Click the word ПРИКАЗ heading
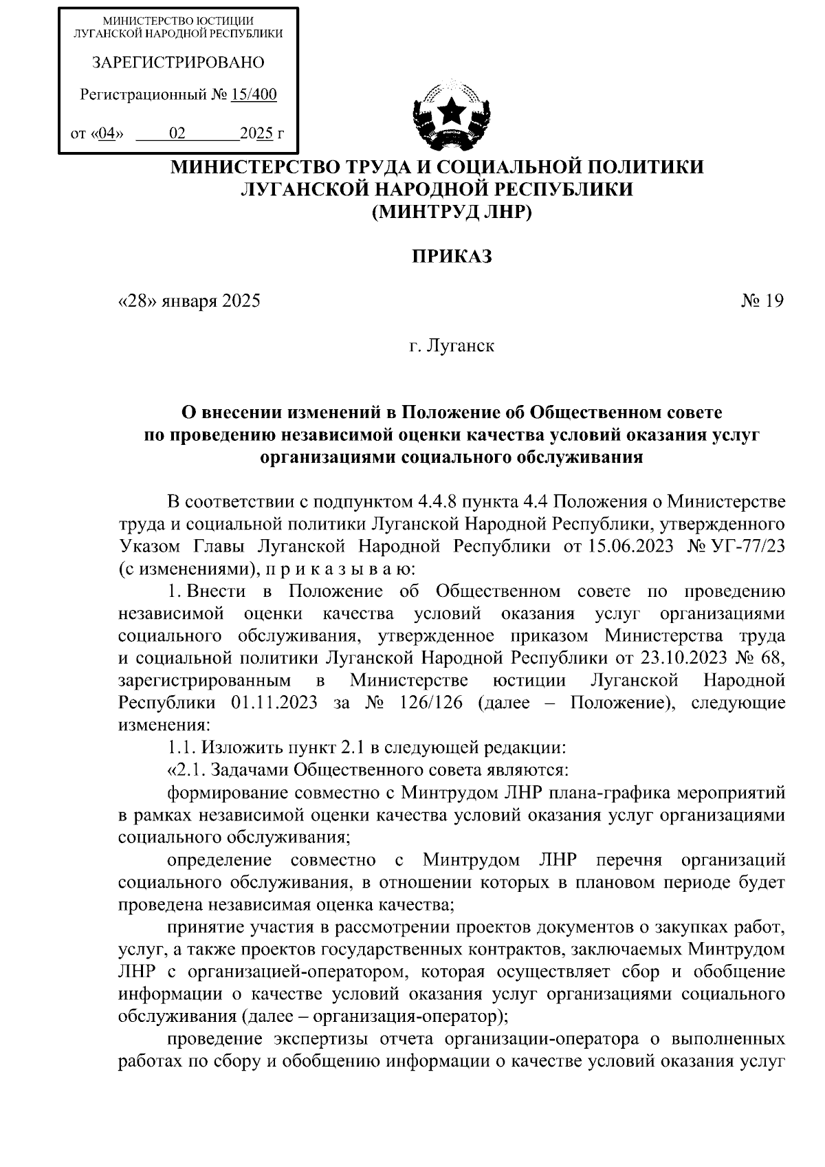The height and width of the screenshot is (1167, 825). click(452, 257)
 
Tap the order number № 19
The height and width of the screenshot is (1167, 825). click(762, 301)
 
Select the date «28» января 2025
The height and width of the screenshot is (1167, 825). click(190, 301)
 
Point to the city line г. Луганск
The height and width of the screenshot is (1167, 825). click(452, 345)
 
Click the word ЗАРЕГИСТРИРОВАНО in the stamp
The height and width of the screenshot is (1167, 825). click(178, 63)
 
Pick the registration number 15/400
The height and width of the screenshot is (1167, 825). click(254, 95)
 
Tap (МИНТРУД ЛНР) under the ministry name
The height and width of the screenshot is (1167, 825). click(452, 212)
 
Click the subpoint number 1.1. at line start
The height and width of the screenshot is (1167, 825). click(181, 748)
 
